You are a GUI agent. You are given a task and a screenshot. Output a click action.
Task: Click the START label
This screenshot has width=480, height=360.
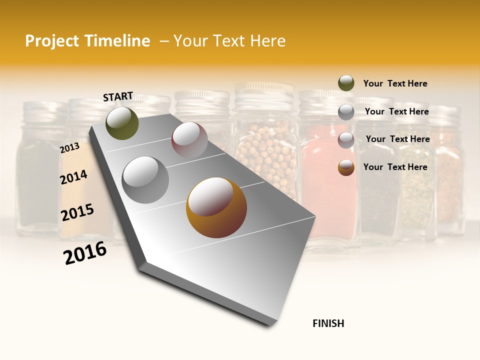tap(118, 96)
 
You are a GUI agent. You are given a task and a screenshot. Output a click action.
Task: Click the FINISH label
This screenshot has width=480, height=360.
tap(328, 323)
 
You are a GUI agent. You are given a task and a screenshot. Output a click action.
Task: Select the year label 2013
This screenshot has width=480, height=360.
tap(69, 147)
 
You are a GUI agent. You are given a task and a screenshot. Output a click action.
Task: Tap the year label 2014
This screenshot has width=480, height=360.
tap(73, 177)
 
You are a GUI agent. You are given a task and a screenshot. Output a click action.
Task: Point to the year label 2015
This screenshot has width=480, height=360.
tap(77, 212)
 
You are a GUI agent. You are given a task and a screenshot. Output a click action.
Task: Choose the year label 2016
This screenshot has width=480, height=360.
tap(85, 253)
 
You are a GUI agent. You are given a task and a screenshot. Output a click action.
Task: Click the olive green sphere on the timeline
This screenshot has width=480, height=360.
tap(122, 123)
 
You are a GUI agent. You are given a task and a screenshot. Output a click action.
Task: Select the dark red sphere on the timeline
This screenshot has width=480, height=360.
tap(189, 139)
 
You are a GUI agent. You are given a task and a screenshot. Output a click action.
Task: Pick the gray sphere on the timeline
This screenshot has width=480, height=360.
tap(145, 179)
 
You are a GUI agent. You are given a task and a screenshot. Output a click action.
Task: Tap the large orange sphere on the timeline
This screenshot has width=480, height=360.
tap(216, 207)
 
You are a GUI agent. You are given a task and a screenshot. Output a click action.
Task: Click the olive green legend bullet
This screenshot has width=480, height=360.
tap(346, 83)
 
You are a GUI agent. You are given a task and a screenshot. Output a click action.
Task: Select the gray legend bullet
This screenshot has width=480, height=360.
tap(346, 112)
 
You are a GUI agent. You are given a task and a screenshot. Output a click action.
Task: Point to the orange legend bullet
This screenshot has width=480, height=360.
tap(346, 167)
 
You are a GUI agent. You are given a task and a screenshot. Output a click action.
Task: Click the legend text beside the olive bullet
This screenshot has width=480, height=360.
tap(395, 83)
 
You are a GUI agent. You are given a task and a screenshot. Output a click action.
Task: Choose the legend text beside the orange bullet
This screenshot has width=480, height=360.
tap(395, 167)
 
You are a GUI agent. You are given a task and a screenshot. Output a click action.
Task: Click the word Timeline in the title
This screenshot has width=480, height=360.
tap(117, 41)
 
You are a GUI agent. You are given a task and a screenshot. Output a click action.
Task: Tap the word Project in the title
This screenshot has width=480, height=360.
tap(51, 41)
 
